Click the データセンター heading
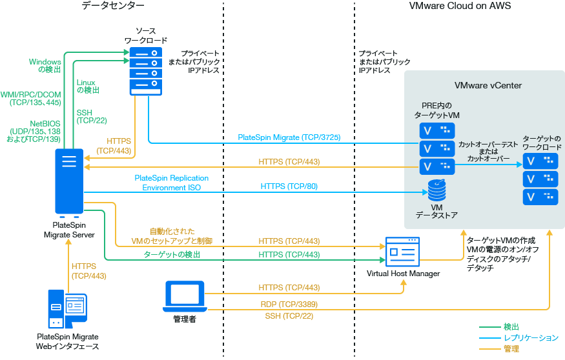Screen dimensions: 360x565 coord(113,6)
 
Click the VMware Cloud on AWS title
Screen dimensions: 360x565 coord(460,6)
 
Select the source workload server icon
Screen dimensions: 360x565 coord(143,70)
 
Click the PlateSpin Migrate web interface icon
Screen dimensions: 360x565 coord(67,309)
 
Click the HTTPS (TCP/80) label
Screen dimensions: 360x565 coord(289,186)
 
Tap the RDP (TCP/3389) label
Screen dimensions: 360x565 coord(289,304)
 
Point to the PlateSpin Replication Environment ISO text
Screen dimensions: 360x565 coord(171,183)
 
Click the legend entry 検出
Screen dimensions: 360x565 coord(511,327)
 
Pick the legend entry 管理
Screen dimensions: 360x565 coord(511,349)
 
